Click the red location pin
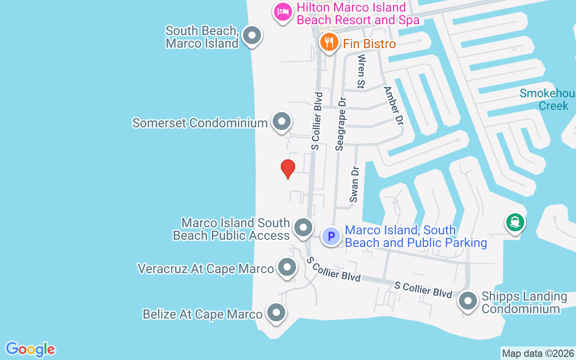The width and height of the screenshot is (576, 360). pos(288,169)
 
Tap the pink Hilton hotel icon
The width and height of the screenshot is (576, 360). pos(283,12)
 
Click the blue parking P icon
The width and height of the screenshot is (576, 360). pos(331,236)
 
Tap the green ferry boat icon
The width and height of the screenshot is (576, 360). pos(515,222)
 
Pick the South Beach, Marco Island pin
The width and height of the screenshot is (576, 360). pos(252,35)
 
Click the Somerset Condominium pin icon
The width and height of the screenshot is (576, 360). pos(282,121)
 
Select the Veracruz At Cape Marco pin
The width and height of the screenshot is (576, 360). pos(287,267)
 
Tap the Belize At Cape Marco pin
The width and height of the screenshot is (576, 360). pos(276,312)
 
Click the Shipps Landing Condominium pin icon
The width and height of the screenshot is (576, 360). pos(468,301)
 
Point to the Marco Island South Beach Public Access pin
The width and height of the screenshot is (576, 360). pos(303,227)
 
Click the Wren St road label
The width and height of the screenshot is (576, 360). pos(361,72)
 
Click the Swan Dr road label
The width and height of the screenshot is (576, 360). pos(355,184)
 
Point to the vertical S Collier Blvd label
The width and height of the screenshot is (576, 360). pos(317,121)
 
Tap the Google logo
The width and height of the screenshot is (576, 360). pos(30,349)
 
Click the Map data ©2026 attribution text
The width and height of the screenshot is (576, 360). pos(538,353)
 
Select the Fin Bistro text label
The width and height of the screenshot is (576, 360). pos(369,44)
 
